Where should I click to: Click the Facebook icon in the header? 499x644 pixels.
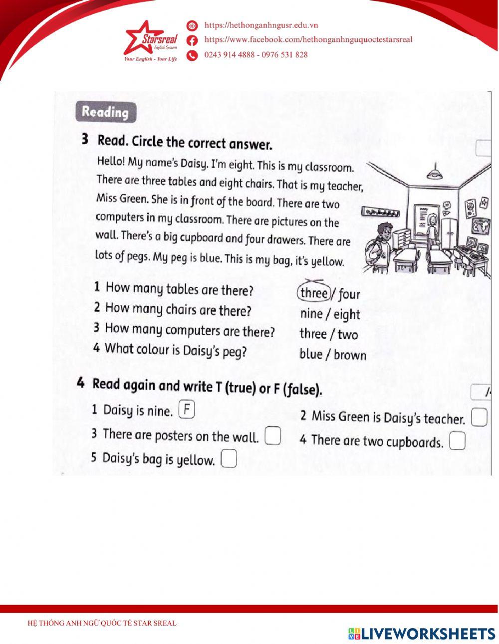pyautogui.click(x=192, y=40)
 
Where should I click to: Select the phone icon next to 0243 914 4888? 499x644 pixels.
pyautogui.click(x=192, y=55)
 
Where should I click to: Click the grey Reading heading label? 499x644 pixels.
pyautogui.click(x=105, y=112)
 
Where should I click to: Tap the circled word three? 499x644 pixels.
pyautogui.click(x=313, y=293)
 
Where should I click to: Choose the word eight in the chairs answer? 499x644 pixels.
pyautogui.click(x=347, y=315)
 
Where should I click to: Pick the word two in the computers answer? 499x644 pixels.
pyautogui.click(x=348, y=335)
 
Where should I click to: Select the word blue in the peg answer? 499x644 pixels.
pyautogui.click(x=311, y=354)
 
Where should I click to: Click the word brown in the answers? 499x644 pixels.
pyautogui.click(x=350, y=355)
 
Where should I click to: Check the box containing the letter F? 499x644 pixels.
pyautogui.click(x=186, y=410)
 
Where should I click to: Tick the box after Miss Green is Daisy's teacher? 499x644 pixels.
pyautogui.click(x=479, y=418)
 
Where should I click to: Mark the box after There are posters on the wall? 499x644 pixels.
pyautogui.click(x=272, y=435)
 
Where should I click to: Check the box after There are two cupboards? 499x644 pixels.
pyautogui.click(x=457, y=441)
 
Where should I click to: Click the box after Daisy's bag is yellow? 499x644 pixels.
pyautogui.click(x=229, y=459)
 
